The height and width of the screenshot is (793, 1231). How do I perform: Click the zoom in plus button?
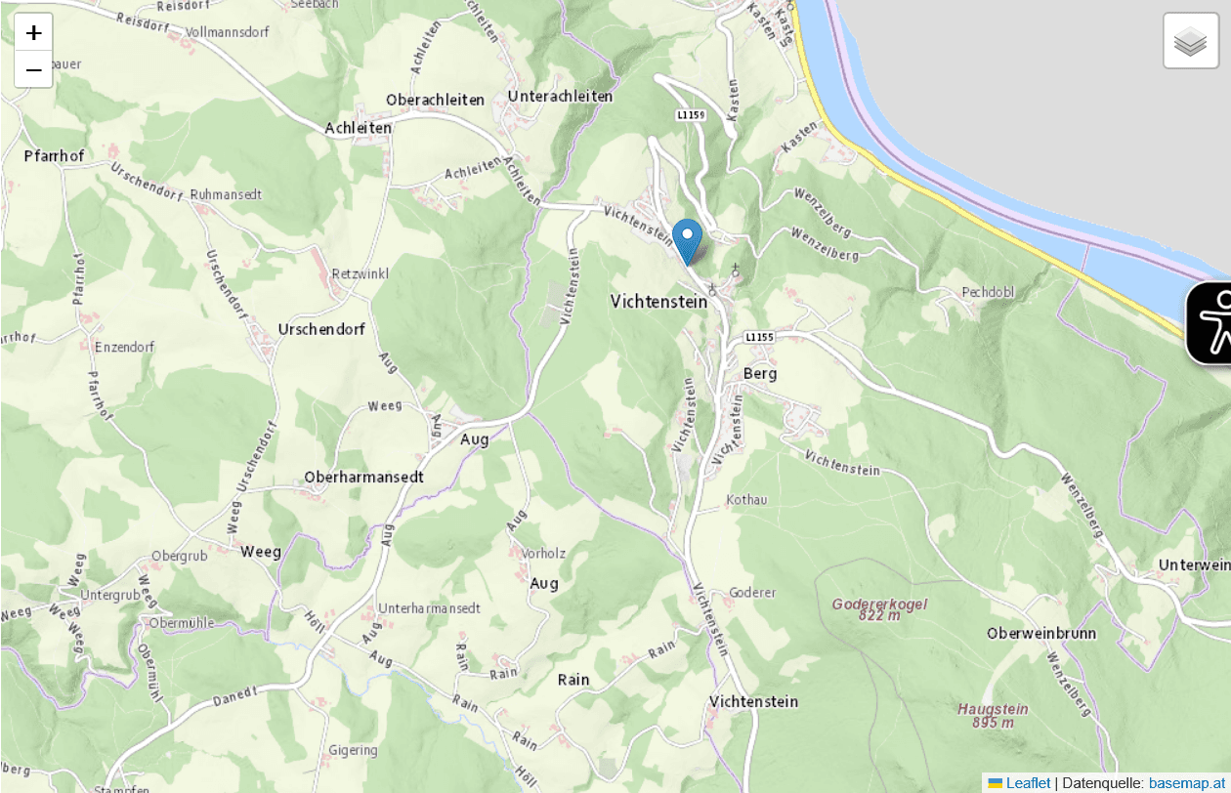[33, 32]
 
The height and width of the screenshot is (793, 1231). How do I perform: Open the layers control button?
[1190, 41]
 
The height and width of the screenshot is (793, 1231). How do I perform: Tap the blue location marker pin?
[688, 240]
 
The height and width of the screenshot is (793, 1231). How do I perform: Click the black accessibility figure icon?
[1212, 323]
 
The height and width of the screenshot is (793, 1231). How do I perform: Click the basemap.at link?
[1187, 783]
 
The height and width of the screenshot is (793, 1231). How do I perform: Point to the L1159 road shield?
[691, 115]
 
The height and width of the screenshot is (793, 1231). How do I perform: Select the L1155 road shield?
[759, 337]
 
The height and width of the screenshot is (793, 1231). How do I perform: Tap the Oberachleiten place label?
[435, 100]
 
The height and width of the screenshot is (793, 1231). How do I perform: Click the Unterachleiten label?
[560, 96]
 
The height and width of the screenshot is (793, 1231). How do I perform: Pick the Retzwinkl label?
[361, 273]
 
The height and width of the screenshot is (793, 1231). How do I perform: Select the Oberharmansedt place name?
[364, 477]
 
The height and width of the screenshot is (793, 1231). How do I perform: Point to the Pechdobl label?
[988, 292]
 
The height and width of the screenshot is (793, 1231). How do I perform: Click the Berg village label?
[760, 373]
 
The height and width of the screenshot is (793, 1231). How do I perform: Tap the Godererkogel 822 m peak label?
[879, 609]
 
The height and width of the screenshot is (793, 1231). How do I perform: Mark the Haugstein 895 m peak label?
[993, 716]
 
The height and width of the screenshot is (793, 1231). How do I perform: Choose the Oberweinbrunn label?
[1041, 633]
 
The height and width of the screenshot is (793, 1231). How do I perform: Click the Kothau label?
[746, 500]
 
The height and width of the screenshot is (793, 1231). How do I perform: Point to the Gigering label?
[353, 750]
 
